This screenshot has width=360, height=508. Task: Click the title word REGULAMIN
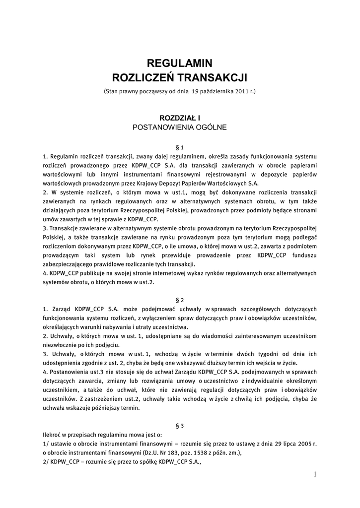coord(180,63)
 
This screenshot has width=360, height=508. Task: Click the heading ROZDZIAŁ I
coord(180,118)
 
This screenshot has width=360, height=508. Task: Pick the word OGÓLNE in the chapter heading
coord(212,127)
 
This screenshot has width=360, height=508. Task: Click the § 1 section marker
coord(180,147)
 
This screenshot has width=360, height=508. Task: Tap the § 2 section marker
coord(180,300)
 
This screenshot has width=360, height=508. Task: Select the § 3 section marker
coord(180,426)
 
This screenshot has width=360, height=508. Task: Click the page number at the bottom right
coord(315,474)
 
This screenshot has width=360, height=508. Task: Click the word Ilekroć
coord(53,435)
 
